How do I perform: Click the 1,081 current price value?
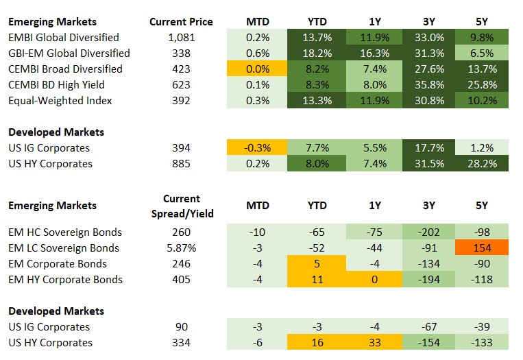point(181,37)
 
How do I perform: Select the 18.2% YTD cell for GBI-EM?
point(317,53)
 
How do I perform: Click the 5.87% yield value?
point(181,248)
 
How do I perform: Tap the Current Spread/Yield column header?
point(182,206)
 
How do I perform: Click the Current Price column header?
point(181,21)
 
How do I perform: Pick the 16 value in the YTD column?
point(317,342)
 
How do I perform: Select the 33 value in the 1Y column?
point(374,342)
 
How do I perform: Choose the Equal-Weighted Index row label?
point(60,100)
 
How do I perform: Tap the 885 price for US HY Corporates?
point(181,163)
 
